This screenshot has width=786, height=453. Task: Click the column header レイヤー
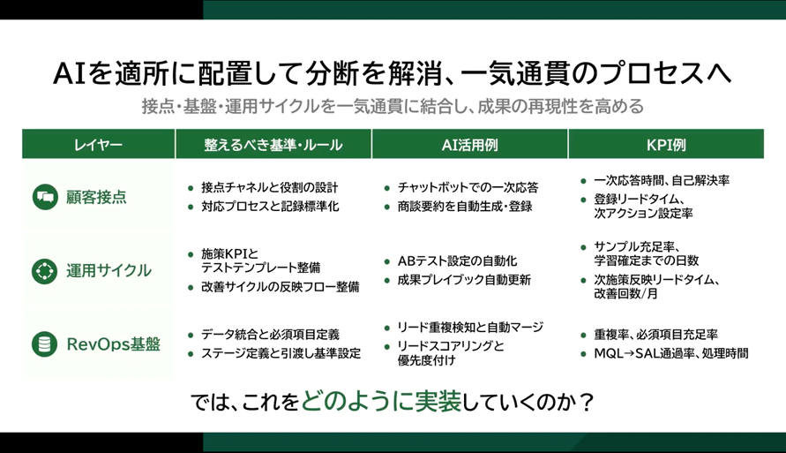(98, 145)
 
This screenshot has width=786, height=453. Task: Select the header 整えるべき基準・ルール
(273, 145)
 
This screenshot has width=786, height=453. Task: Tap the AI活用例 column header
(469, 145)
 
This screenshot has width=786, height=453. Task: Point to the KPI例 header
(666, 145)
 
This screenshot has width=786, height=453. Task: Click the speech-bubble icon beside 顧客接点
(43, 197)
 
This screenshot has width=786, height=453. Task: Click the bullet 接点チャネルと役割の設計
(269, 188)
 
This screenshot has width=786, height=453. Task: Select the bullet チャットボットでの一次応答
(468, 188)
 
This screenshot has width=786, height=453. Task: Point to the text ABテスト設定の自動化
(457, 261)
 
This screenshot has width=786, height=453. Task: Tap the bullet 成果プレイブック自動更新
(464, 281)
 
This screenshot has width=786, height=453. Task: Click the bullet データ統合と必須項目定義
(270, 335)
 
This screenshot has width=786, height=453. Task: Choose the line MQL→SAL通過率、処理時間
(671, 354)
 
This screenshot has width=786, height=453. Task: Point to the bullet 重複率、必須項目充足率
(655, 336)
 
